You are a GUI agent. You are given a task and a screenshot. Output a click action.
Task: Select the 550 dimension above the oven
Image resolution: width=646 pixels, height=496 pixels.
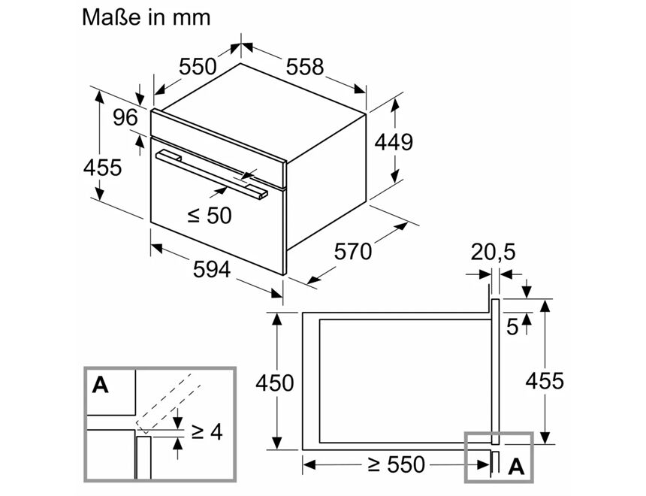click(197, 67)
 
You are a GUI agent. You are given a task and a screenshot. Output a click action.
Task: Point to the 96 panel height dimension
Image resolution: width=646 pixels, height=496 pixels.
click(125, 118)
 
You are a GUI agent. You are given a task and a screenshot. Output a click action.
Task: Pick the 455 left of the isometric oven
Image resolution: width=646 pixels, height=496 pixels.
click(102, 167)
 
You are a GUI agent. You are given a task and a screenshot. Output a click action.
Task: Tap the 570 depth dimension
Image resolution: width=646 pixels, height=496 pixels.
click(352, 251)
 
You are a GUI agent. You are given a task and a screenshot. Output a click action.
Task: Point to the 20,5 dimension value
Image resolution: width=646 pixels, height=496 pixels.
click(493, 253)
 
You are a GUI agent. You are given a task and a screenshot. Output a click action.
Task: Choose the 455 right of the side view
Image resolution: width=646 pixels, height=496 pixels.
click(543, 381)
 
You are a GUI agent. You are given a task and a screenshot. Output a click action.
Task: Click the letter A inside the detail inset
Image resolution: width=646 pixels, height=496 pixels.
click(100, 386)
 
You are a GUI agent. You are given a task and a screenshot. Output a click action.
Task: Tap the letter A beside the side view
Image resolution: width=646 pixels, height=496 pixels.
click(515, 467)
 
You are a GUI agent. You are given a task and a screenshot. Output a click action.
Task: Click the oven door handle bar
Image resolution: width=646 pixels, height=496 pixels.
click(210, 174)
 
